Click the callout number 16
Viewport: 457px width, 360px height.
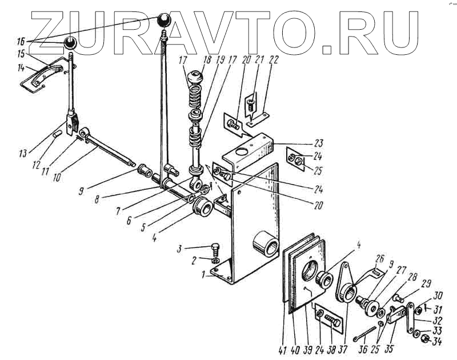21,41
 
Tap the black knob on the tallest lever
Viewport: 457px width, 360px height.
165,22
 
